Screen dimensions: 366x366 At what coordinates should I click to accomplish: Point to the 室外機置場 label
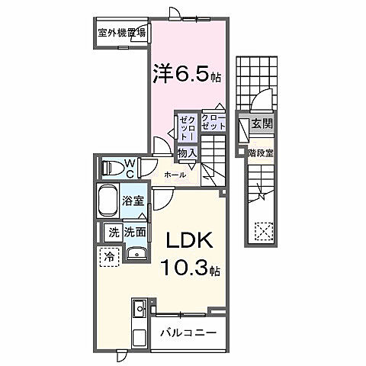click(121, 33)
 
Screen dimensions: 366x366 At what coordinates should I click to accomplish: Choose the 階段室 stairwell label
click(261, 152)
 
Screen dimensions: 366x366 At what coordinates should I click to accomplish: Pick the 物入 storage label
click(188, 153)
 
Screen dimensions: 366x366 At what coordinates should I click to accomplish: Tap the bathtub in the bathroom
click(108, 202)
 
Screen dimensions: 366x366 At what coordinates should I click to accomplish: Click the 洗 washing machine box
click(113, 232)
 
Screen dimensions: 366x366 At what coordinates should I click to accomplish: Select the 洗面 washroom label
click(136, 232)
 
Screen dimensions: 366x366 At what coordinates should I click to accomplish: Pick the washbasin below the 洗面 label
click(136, 254)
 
